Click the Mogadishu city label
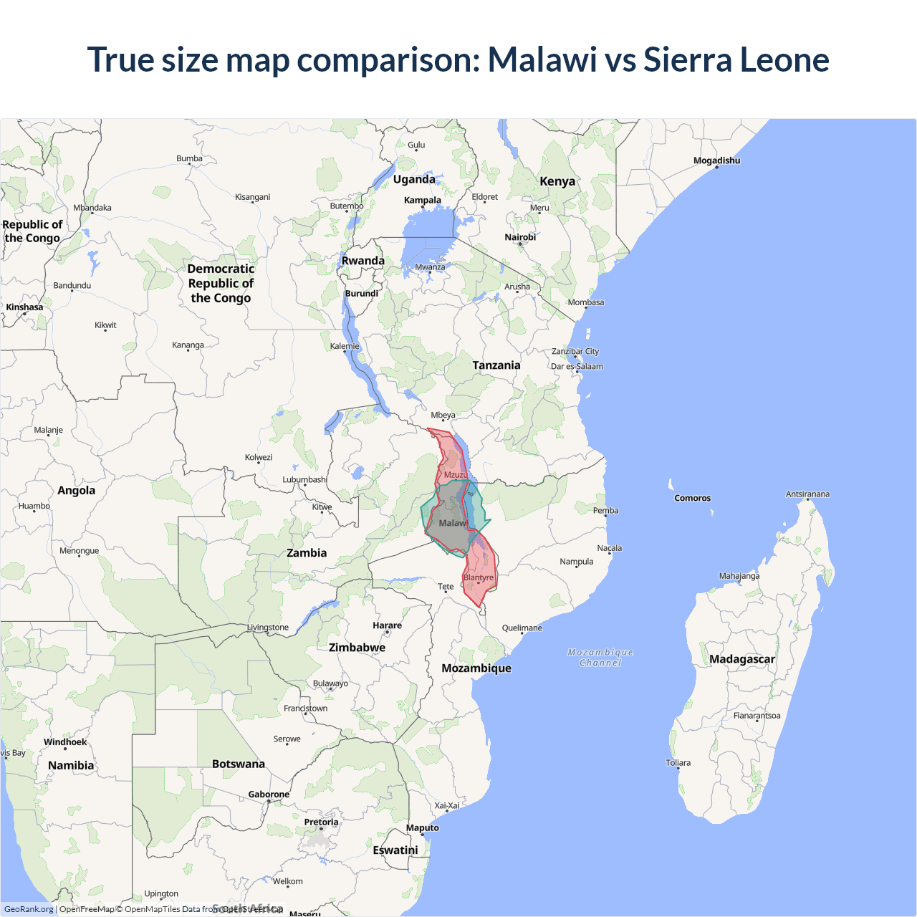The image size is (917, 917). (x=716, y=160)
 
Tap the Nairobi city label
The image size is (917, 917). (x=520, y=237)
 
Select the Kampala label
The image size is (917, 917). (x=423, y=200)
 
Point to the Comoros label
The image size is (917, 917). (x=692, y=498)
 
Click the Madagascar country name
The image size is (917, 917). (x=742, y=659)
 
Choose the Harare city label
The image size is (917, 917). (x=387, y=625)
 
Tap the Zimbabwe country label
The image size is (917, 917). (x=357, y=648)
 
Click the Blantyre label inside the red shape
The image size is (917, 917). (x=479, y=577)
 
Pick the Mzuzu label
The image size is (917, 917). (x=456, y=475)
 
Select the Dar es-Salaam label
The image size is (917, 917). (x=577, y=366)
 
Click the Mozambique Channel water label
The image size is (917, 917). (x=600, y=658)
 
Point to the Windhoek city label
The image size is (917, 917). (x=65, y=742)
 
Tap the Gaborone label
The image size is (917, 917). (x=269, y=794)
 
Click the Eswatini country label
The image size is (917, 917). (x=395, y=850)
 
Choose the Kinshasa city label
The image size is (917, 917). (x=24, y=307)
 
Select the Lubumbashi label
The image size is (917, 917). (x=304, y=479)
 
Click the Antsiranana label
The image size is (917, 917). (x=807, y=494)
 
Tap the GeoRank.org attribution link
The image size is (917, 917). (x=29, y=909)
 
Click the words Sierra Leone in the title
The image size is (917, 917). (x=736, y=59)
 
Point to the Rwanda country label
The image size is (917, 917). (x=363, y=261)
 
